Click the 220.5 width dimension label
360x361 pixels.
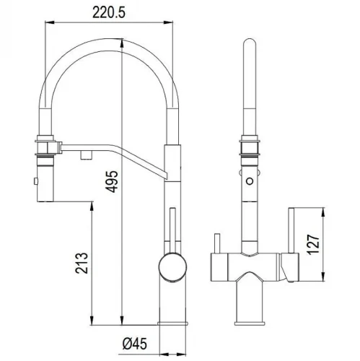[x=109, y=12]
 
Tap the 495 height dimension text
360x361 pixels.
[x=112, y=181]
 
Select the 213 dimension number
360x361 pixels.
[x=82, y=263]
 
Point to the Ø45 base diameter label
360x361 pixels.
[x=135, y=344]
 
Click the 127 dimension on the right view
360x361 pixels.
[x=313, y=244]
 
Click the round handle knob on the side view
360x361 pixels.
[x=172, y=266]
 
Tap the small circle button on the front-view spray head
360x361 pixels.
[x=250, y=181]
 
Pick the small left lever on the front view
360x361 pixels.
[x=217, y=243]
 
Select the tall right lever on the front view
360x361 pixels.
[x=291, y=230]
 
